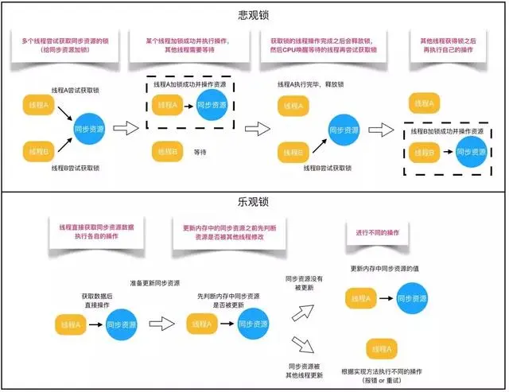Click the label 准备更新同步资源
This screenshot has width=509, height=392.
[x=154, y=283]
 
